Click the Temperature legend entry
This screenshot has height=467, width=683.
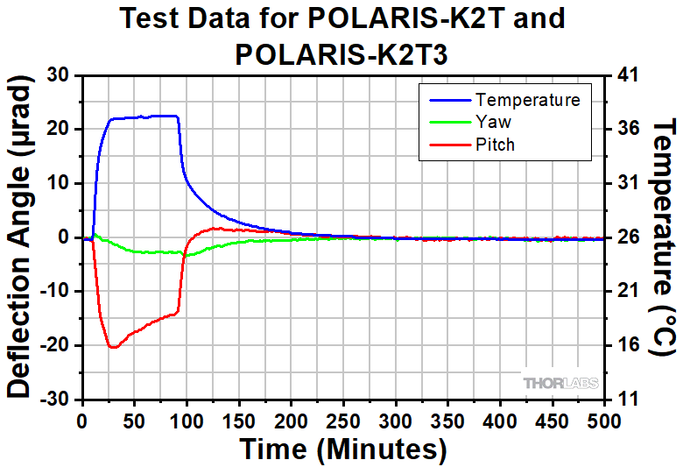[526, 100]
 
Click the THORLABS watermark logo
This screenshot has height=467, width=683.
[560, 382]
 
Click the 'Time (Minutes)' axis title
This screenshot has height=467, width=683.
[343, 449]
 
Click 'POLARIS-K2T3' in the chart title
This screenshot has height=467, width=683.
[342, 53]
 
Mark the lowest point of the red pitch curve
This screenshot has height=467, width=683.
[112, 348]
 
